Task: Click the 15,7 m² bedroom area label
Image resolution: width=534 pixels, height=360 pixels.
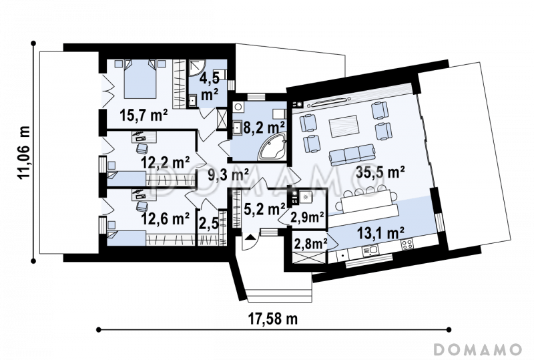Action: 144,116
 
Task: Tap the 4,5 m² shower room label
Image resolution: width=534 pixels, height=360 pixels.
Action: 209,85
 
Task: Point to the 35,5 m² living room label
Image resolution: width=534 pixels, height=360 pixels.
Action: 380,172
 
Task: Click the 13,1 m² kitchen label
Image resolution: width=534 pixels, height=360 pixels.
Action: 380,233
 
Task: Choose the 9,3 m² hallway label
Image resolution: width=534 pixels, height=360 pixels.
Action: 228,175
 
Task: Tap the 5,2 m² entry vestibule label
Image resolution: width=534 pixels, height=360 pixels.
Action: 264,209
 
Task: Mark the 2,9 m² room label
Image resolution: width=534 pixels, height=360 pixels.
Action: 307,217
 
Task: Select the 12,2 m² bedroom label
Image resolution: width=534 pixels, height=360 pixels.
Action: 166,162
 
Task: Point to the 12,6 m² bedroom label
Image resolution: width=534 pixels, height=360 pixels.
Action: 166,218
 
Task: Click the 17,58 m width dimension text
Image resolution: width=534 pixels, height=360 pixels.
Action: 273,319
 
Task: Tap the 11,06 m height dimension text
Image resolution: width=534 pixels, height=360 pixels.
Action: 24,153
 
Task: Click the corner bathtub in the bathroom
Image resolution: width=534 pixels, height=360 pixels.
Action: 273,147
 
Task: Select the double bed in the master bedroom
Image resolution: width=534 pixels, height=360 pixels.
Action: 140,79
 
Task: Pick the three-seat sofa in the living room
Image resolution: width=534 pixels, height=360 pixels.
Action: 352,155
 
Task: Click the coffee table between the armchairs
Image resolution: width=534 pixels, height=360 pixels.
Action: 343,126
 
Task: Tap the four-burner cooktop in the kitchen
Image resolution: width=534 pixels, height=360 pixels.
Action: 407,244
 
